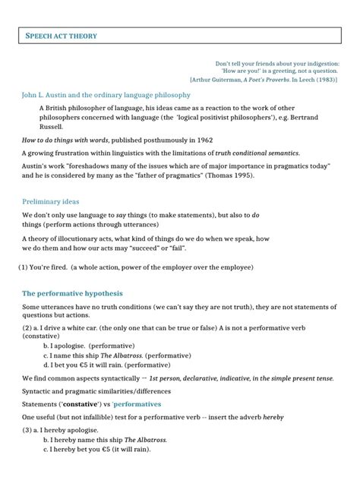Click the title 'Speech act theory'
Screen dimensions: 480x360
[x=62, y=36]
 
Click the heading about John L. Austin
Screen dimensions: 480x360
[x=106, y=95]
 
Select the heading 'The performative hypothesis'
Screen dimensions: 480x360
[x=72, y=293]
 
